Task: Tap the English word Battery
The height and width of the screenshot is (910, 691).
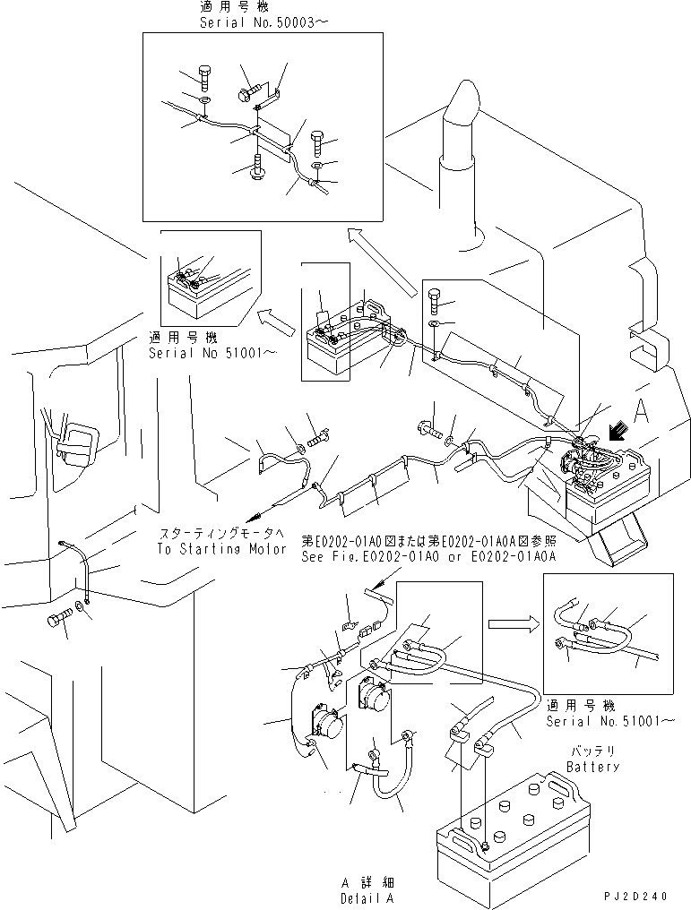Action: (x=592, y=768)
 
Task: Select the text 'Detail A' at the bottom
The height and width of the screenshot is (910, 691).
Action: (x=367, y=897)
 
